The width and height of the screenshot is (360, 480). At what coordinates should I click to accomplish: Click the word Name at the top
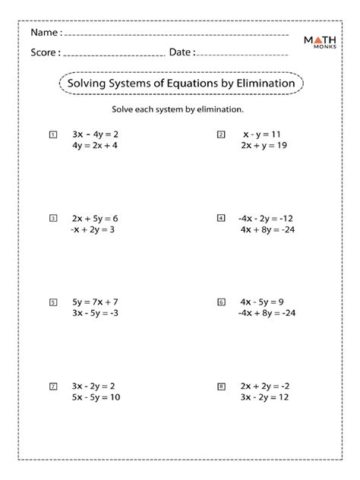pos(43,33)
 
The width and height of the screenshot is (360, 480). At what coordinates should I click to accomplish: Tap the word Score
pos(44,52)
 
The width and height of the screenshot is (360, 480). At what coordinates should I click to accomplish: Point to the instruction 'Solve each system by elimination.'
pos(177,109)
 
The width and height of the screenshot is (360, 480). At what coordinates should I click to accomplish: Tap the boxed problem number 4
pos(221,218)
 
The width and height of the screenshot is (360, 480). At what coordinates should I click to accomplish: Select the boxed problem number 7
pos(52,387)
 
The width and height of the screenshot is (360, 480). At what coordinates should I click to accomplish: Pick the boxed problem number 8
pos(221,387)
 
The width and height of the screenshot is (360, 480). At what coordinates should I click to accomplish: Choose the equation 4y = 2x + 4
pos(95,146)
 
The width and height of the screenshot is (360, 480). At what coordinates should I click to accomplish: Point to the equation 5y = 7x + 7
pos(95,302)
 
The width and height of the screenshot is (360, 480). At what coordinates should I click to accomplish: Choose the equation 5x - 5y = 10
pos(95,398)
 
